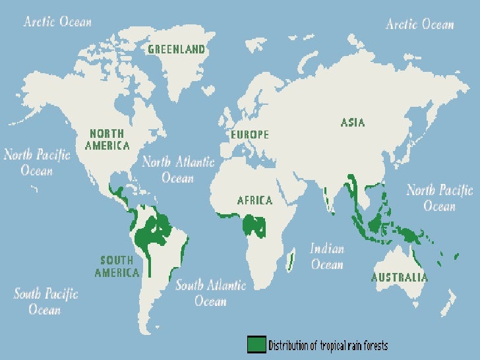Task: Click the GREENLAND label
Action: point(176,49)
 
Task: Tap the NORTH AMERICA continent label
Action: point(107,139)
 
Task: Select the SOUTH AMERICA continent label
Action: point(117,266)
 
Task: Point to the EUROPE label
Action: point(250,135)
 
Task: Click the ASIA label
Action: point(353,122)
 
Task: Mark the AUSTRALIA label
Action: point(399,278)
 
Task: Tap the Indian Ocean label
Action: point(327,256)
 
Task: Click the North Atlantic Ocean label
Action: point(178,169)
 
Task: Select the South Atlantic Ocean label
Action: point(210,293)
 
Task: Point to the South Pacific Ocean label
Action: point(45,301)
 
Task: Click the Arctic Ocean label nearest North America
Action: point(57,22)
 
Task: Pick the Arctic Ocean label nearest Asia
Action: point(420,24)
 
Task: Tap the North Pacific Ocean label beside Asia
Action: point(439,198)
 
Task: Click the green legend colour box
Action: point(256,344)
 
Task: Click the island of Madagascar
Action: point(291,260)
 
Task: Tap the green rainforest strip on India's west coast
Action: point(328,197)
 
